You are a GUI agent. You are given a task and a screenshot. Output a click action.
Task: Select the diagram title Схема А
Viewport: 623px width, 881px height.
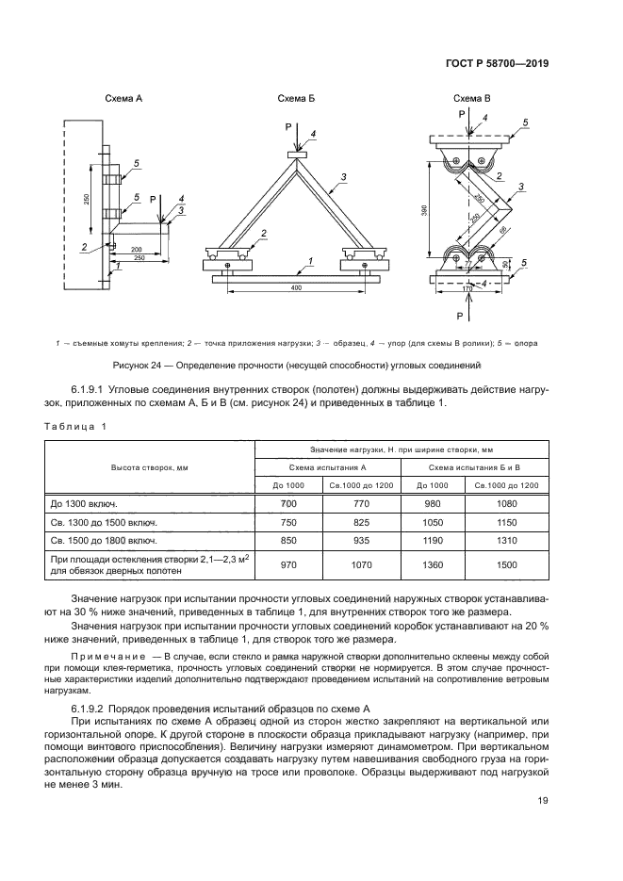click(x=123, y=99)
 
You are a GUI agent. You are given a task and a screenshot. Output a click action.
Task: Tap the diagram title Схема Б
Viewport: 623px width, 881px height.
click(x=296, y=99)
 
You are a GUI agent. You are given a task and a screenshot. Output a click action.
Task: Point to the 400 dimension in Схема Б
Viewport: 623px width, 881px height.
click(x=297, y=286)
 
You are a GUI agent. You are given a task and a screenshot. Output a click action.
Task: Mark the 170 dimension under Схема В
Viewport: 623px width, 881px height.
click(x=466, y=290)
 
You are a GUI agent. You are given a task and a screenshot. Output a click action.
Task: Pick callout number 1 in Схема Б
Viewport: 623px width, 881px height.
click(x=310, y=259)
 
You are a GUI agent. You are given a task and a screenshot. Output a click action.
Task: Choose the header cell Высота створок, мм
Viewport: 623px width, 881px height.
click(x=150, y=467)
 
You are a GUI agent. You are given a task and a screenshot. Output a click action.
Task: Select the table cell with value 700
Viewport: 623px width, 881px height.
click(x=289, y=505)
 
